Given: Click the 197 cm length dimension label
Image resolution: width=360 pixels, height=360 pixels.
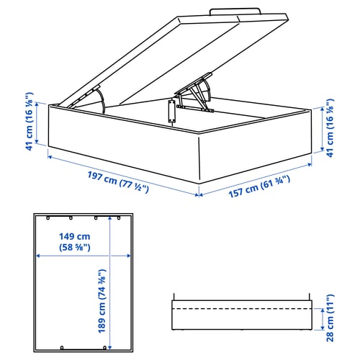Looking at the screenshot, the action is pos(118,182).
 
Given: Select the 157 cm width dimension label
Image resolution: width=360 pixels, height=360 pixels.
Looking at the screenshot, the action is pos(259,186).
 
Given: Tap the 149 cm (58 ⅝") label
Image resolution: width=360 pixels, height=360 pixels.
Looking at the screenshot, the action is pos(75,242).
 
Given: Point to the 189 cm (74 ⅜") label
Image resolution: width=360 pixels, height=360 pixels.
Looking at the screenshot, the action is pos(102,301).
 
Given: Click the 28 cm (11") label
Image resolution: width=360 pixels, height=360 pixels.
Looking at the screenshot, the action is pos(330,318).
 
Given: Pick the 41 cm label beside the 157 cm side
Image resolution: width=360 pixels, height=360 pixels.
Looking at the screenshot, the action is pos(330,128).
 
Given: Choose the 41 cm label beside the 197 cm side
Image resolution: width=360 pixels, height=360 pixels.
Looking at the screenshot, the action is pos(29,122).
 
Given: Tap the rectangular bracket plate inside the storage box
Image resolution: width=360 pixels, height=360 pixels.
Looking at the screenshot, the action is pos(171,112).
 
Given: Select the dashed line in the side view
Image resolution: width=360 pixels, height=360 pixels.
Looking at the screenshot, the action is pos(242,309).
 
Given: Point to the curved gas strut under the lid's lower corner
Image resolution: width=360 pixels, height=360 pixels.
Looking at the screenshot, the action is pos(102,101).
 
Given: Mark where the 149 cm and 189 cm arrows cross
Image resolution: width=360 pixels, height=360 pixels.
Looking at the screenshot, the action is pos(109,256).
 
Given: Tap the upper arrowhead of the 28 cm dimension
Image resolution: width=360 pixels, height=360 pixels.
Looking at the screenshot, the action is pos(323,311).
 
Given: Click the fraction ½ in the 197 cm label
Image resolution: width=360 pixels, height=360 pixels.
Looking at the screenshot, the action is pos(138,187).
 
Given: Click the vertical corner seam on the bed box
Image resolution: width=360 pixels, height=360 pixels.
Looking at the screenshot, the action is pos(199,158).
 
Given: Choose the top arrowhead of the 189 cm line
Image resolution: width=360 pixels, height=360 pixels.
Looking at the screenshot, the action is pos(109,218).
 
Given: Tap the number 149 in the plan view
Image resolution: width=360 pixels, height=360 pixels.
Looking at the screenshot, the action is pos(68,237).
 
